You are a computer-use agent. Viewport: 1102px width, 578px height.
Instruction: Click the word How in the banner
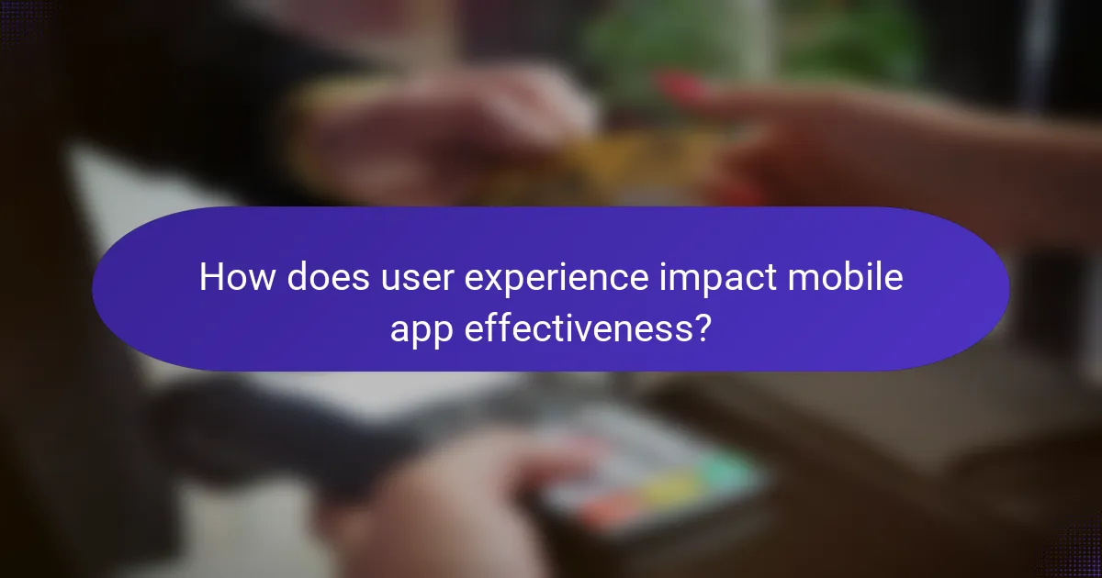236,278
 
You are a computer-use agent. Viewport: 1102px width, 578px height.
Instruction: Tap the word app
422,328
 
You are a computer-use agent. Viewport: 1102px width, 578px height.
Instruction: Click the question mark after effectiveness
702,328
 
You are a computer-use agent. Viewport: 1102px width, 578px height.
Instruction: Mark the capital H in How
212,278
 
